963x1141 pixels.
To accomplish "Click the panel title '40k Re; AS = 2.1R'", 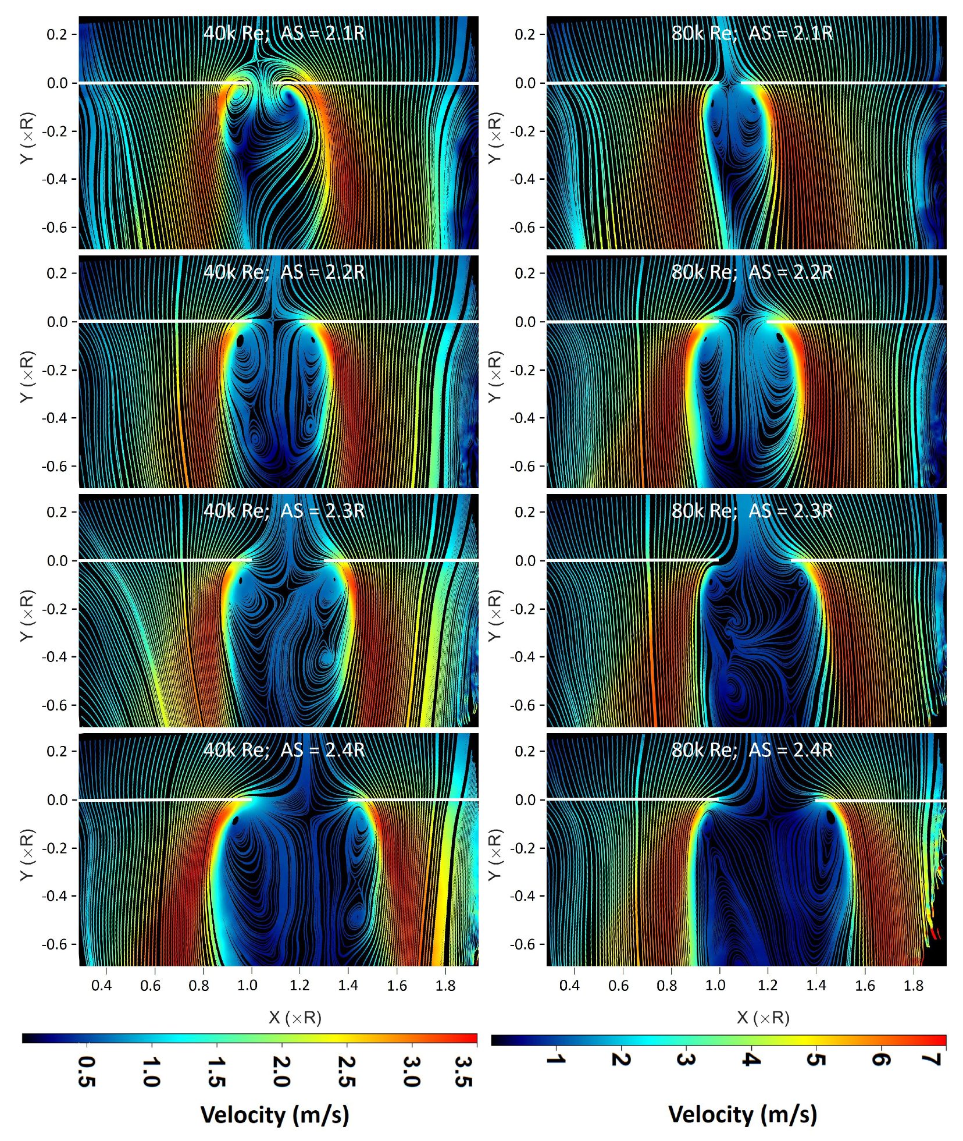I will point(284,33).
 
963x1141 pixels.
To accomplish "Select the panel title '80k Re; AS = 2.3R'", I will point(752,511).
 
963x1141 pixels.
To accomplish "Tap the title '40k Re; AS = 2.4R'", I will point(284,749).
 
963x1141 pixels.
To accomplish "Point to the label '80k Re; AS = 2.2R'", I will point(752,272).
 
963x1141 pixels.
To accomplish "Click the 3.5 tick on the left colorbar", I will point(463,1071).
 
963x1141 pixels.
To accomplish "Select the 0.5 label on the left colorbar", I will point(87,1071).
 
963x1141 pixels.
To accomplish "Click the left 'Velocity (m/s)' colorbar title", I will point(274,1114).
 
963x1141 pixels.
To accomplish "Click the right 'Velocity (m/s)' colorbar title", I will point(743,1114).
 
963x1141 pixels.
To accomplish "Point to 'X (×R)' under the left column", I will point(295,1017).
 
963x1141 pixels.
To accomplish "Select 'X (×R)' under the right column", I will point(763,1017).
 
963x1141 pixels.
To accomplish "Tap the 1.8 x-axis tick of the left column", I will point(445,985).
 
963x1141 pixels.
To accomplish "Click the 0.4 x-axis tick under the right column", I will point(569,985).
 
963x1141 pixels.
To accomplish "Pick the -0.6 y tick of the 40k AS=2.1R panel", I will point(56,228).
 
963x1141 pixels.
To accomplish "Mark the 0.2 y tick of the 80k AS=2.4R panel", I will point(525,751).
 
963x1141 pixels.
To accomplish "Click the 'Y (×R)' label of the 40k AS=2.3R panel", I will point(27,616).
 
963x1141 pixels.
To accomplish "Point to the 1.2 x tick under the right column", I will point(768,985).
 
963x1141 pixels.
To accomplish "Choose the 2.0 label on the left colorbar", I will point(281,1071).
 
